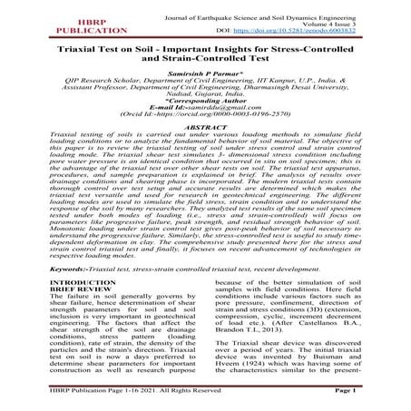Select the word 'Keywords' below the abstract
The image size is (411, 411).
[x=42, y=294]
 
